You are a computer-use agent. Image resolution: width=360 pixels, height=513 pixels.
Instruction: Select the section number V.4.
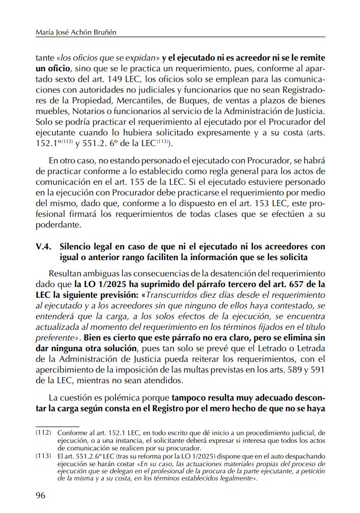pyautogui.click(x=43, y=246)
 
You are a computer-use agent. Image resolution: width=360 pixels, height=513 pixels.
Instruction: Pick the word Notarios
pyautogui.click(x=103, y=110)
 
